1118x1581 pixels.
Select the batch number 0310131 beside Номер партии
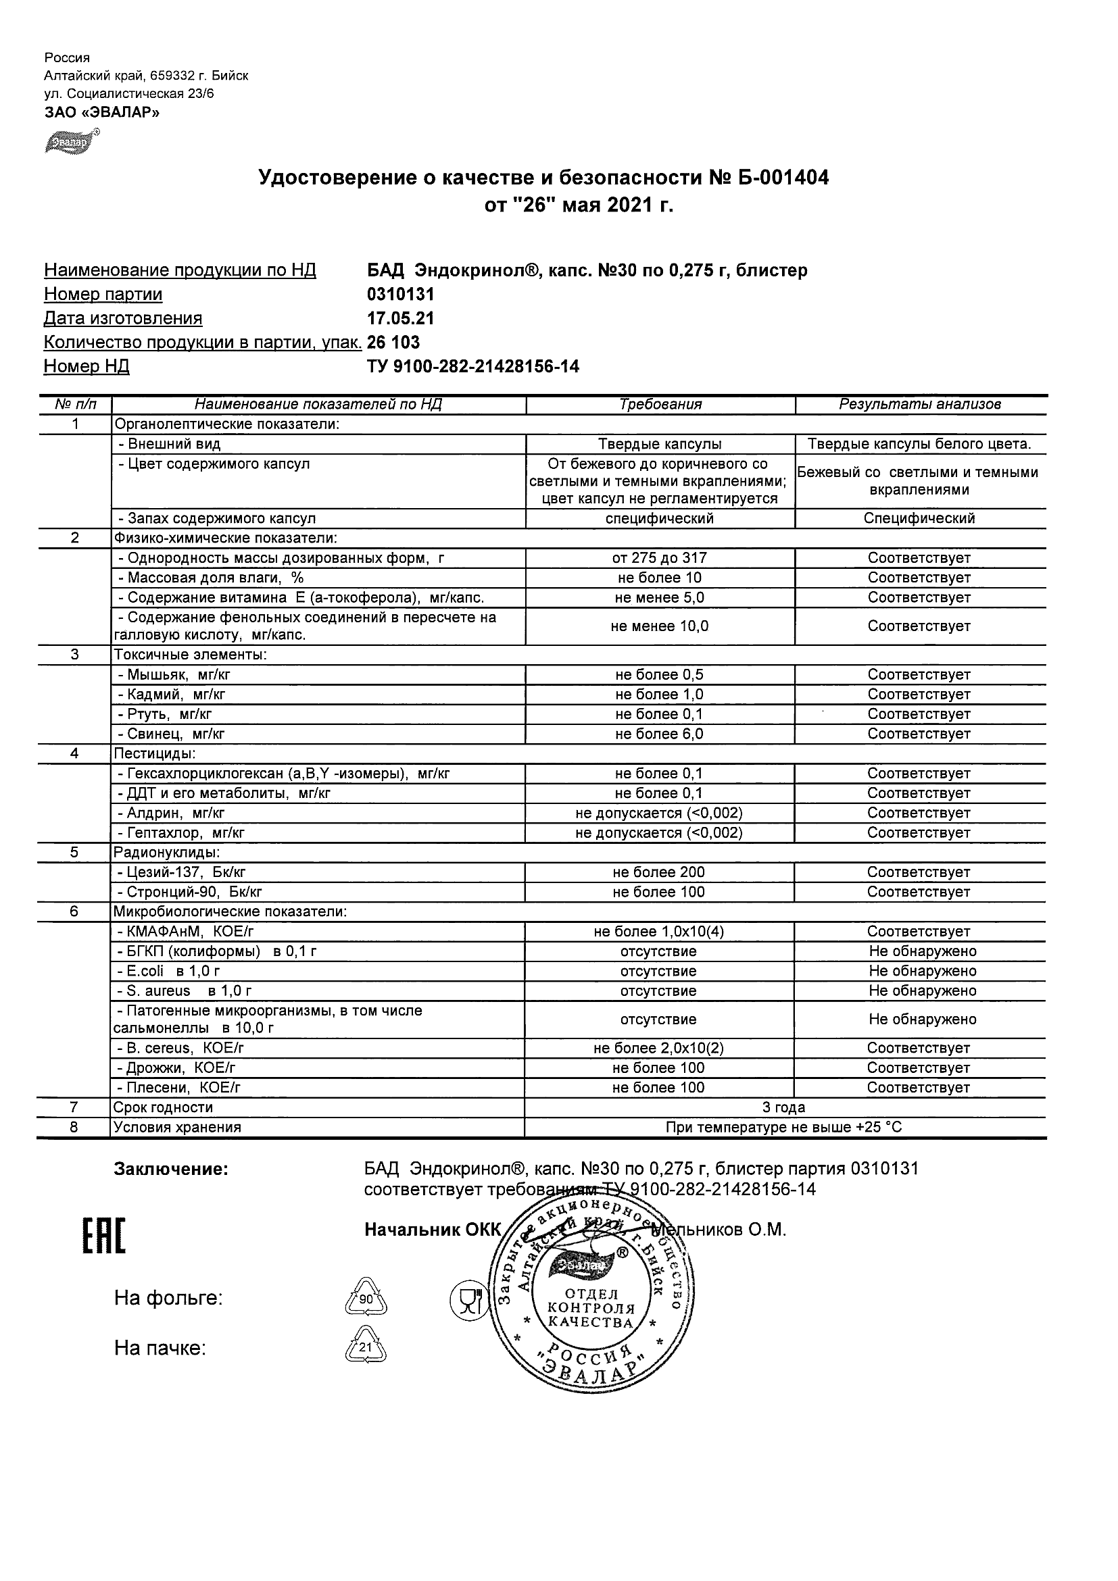pos(401,295)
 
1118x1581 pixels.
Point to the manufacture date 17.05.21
pos(401,319)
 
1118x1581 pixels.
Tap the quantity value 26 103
pos(393,343)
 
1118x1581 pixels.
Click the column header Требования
pos(660,405)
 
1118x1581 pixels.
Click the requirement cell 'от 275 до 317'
pos(660,559)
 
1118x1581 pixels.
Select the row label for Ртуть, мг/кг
pos(169,715)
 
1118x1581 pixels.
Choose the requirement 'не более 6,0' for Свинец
pos(659,734)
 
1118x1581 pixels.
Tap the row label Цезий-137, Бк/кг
pos(182,872)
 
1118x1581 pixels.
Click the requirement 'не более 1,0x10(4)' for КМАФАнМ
pos(658,932)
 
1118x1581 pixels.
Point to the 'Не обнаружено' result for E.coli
pos(923,972)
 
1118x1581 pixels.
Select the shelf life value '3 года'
pos(783,1108)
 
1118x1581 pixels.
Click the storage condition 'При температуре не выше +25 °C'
pos(783,1128)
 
